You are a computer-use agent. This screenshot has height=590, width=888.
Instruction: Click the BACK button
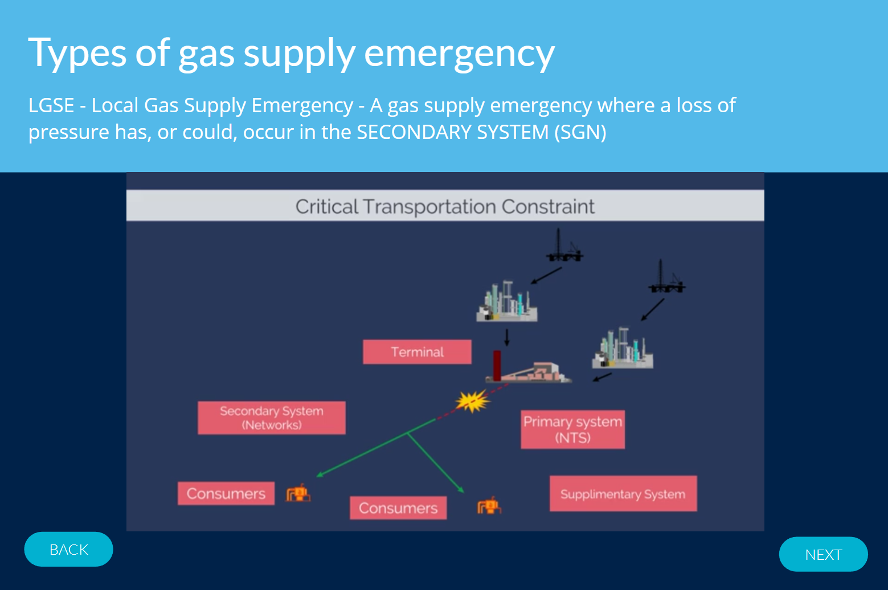[68, 549]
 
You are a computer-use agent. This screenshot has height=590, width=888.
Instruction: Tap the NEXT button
[824, 554]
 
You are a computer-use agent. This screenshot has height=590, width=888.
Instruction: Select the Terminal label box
[418, 352]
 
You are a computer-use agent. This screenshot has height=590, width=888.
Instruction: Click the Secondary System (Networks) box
[272, 418]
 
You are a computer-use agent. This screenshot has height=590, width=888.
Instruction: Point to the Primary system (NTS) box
[573, 429]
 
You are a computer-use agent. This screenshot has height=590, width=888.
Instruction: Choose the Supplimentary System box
[623, 494]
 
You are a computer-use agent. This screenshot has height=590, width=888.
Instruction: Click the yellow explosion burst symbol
[473, 401]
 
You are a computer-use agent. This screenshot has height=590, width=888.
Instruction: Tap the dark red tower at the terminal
[497, 365]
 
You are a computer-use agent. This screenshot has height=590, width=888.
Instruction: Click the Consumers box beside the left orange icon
[226, 493]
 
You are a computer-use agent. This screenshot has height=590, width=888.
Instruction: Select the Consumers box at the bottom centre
[398, 507]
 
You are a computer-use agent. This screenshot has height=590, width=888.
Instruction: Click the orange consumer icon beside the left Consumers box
[298, 493]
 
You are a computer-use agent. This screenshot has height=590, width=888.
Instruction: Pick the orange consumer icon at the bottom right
[489, 506]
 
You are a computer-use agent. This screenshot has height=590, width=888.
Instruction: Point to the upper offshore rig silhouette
[564, 245]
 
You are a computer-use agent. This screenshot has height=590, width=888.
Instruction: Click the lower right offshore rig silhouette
[667, 277]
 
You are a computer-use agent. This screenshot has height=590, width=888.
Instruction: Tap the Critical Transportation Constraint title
[445, 206]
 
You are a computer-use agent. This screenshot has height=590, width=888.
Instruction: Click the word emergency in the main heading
[459, 54]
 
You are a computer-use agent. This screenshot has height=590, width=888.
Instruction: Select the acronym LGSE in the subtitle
[51, 105]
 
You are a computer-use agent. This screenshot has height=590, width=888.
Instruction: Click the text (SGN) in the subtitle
[580, 132]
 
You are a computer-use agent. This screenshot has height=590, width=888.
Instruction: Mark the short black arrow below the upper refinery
[506, 337]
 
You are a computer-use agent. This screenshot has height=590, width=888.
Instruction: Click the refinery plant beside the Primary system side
[623, 347]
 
